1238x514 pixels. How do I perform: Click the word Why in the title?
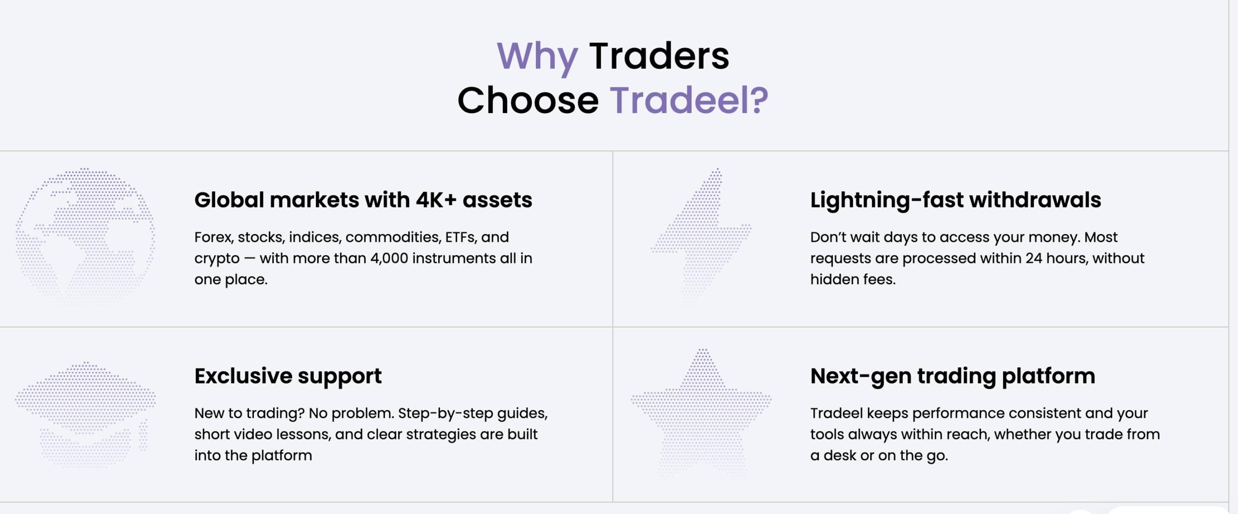click(537, 57)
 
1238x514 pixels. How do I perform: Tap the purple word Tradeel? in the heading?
click(689, 101)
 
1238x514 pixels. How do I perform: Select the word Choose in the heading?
click(528, 101)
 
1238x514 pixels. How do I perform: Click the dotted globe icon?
click(85, 236)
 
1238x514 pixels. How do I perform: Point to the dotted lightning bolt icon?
click(701, 236)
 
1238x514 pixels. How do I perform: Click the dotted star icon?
click(701, 413)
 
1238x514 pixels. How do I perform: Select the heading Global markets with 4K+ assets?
click(363, 200)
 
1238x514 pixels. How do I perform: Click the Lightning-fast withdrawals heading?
click(956, 200)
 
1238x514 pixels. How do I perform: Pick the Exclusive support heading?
click(288, 376)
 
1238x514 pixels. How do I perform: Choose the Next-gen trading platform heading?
click(953, 376)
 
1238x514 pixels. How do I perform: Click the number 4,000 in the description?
click(389, 258)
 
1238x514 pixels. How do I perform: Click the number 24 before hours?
click(1034, 258)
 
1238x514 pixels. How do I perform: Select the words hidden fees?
click(853, 279)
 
